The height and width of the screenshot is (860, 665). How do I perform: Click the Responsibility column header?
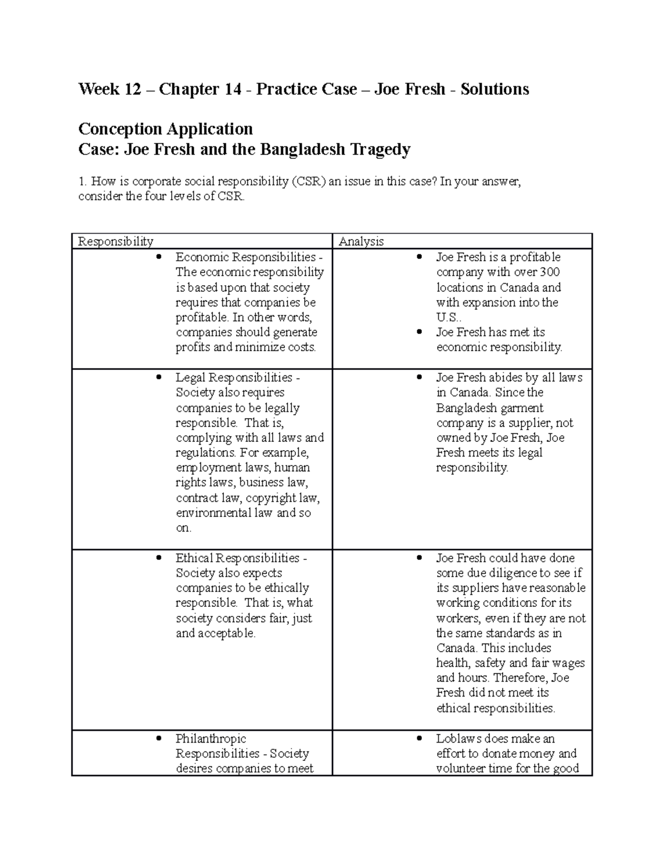(x=115, y=241)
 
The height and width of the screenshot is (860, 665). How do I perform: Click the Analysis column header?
(x=361, y=241)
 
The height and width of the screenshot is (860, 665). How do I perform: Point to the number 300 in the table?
(x=549, y=272)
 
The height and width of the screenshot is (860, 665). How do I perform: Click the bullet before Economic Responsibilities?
(x=160, y=257)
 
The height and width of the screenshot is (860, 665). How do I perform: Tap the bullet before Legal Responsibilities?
(x=160, y=377)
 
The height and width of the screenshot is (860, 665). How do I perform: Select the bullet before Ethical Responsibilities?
(x=160, y=558)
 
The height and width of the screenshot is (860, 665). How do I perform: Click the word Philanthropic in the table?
(x=211, y=738)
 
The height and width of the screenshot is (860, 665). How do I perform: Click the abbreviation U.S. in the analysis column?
(x=447, y=317)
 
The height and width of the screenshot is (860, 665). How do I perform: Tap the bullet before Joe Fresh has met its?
(x=420, y=332)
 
